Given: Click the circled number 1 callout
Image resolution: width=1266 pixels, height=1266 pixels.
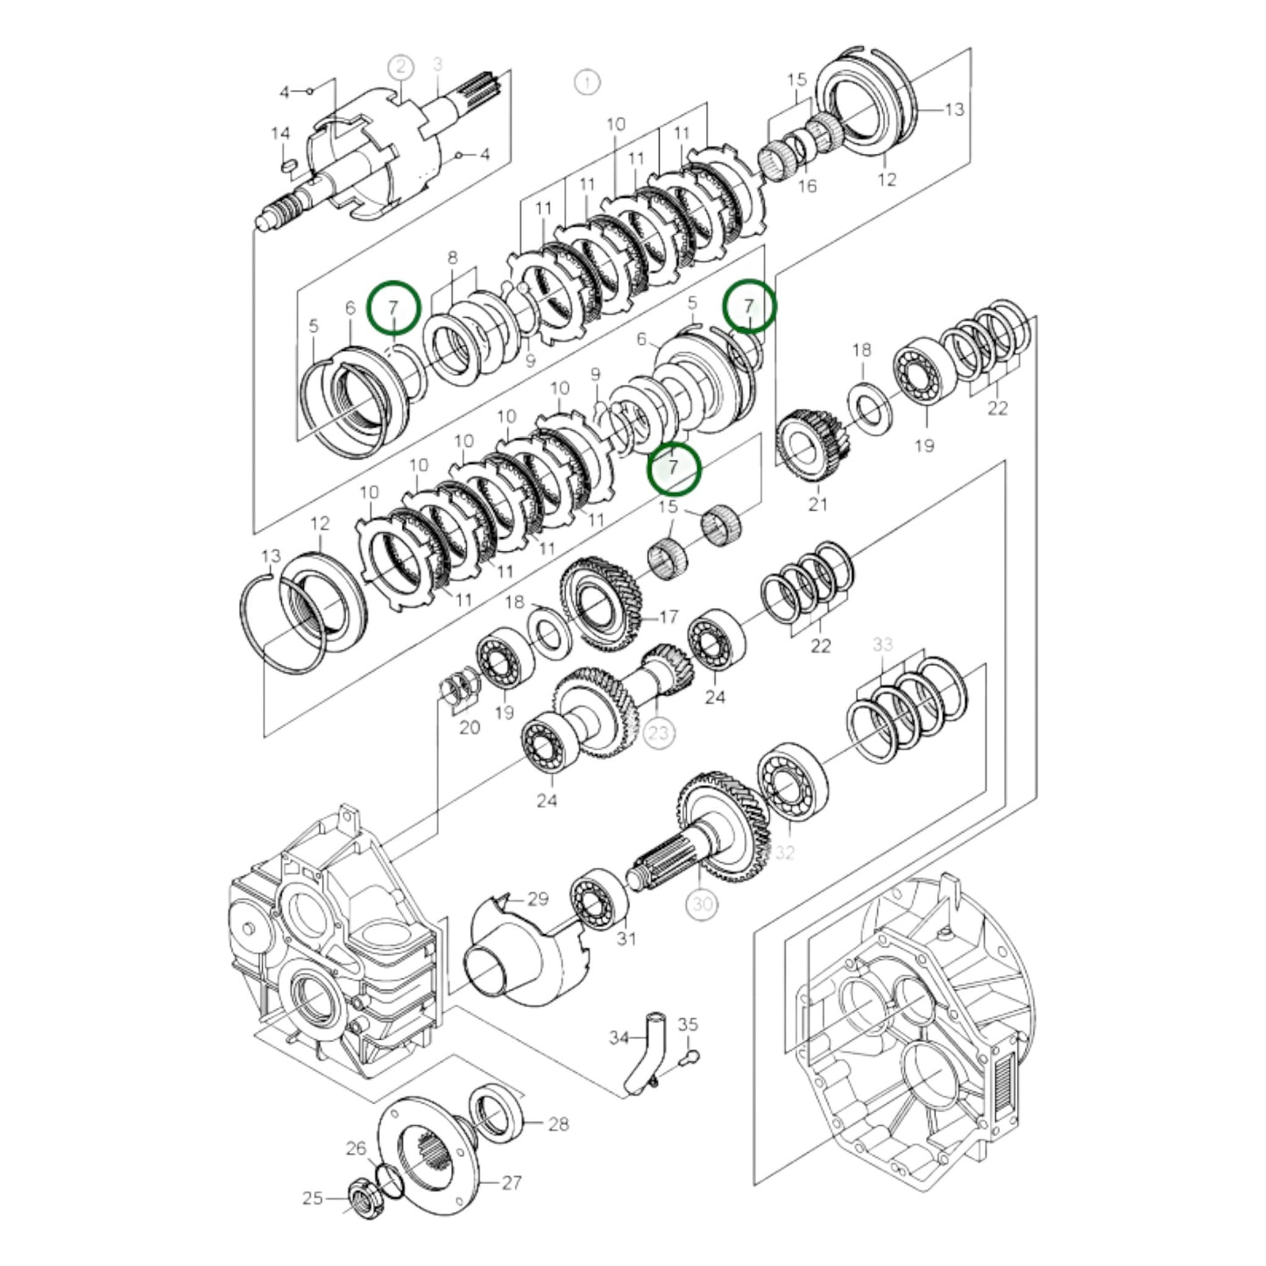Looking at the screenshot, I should tap(587, 82).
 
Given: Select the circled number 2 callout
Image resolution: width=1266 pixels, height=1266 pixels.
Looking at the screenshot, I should tap(401, 67).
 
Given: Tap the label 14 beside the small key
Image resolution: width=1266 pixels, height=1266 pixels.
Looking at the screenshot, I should tap(280, 134).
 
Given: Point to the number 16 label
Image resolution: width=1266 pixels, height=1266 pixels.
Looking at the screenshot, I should tap(807, 186).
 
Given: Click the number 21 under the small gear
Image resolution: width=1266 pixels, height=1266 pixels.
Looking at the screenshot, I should tap(817, 504).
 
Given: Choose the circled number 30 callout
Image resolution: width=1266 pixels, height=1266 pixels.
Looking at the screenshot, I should tap(703, 903).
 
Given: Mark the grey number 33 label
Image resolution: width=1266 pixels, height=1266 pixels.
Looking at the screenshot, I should tap(882, 645).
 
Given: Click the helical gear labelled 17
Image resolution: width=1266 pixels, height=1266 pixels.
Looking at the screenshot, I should tap(602, 604).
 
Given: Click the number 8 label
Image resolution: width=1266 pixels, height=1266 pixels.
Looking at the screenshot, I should tap(452, 258).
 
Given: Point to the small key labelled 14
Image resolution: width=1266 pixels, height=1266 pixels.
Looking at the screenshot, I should tap(288, 163).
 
